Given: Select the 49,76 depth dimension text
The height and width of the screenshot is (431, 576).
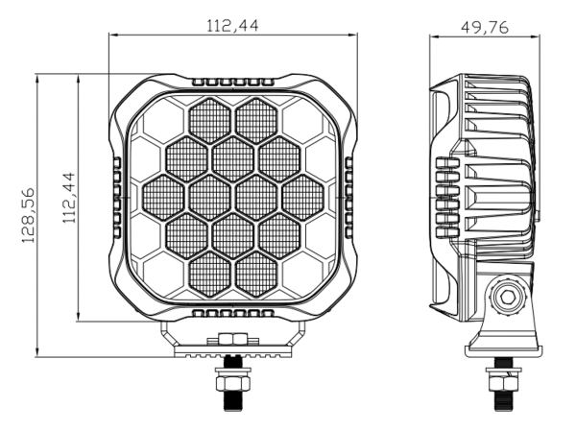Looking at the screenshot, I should point(485,26).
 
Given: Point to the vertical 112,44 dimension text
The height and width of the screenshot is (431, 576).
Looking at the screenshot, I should point(68,198).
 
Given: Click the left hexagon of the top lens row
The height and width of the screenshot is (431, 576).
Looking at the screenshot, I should point(209,119).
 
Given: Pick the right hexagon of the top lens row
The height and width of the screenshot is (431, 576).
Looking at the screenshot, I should point(255,119).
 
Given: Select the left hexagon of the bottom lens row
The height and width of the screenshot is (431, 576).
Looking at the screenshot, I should point(209,270).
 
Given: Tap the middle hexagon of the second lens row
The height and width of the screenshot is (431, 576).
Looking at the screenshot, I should point(232,157).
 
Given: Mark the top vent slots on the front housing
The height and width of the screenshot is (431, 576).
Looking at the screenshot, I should point(232,83).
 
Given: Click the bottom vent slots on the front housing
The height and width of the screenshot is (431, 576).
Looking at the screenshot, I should point(232,313).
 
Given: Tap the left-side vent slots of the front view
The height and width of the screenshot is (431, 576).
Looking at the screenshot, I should point(117,198).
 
